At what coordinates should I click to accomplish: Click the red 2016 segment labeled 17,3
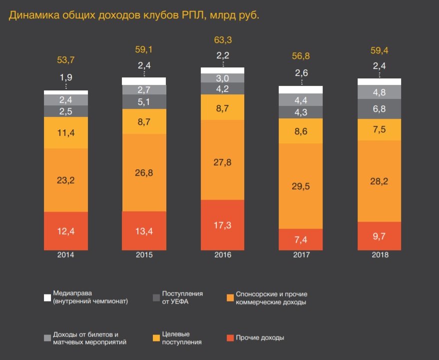(x=222, y=225)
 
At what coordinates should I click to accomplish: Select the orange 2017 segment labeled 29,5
(x=301, y=186)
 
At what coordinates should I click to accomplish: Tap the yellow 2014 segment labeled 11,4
(x=66, y=133)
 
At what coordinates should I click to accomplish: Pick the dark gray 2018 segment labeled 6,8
(x=380, y=109)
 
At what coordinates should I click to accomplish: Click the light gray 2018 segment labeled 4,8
(x=380, y=92)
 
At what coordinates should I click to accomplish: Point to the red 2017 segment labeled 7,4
(x=301, y=239)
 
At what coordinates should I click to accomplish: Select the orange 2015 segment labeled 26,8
(x=144, y=173)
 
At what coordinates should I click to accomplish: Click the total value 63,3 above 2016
(x=222, y=40)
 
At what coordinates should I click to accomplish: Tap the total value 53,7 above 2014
(x=66, y=60)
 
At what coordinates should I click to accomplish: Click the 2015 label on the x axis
(x=144, y=255)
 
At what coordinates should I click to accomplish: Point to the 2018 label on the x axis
(x=380, y=255)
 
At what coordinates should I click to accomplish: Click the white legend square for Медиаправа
(x=48, y=298)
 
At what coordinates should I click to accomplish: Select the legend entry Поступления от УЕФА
(x=182, y=298)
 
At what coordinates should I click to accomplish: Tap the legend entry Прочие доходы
(x=260, y=338)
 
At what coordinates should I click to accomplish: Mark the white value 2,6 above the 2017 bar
(x=301, y=73)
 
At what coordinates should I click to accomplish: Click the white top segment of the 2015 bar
(x=144, y=81)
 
